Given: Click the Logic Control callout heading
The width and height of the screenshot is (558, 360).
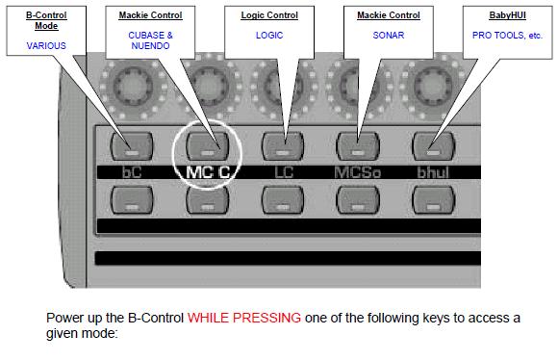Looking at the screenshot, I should (268, 15).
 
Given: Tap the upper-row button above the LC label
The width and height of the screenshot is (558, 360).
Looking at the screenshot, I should (283, 146).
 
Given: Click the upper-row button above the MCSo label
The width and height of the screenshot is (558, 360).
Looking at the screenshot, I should (358, 146).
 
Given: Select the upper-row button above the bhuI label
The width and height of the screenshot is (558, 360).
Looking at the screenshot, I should (433, 146).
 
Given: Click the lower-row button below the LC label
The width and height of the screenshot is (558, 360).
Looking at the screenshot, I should (283, 199).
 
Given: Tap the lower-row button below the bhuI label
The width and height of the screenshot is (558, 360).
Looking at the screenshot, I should (433, 199).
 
